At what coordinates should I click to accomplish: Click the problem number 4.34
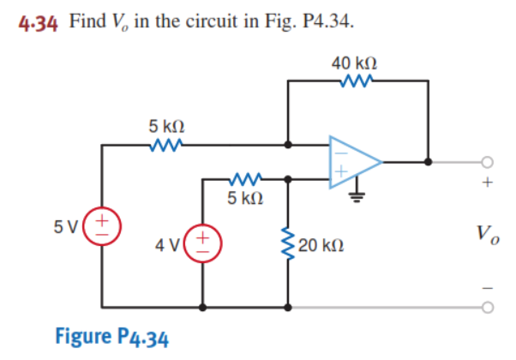(x=38, y=21)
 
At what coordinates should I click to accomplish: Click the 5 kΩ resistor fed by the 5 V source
(x=164, y=146)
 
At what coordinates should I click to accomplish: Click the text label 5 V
(x=68, y=228)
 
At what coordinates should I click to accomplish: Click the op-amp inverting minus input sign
(x=339, y=147)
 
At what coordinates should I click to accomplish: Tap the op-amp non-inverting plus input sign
(x=339, y=174)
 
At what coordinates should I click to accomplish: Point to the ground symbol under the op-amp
(x=354, y=194)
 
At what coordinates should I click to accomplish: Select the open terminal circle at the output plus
(x=487, y=160)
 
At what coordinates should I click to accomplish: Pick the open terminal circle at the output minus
(x=487, y=306)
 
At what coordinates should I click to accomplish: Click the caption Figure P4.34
(x=111, y=335)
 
